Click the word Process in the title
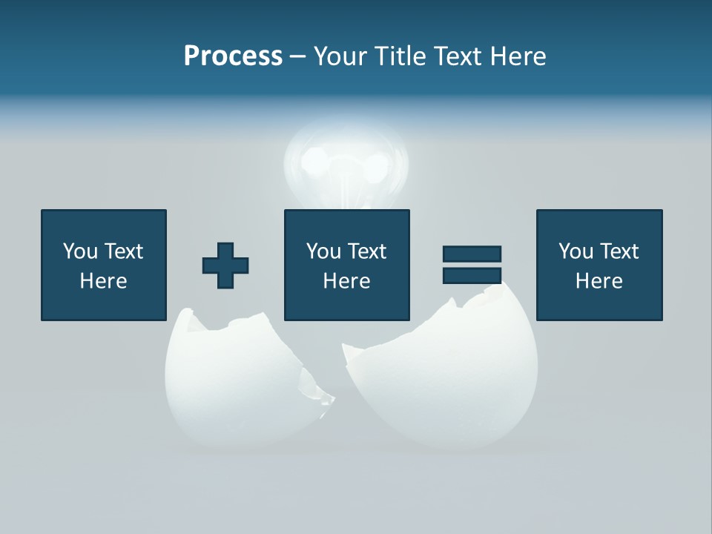[233, 56]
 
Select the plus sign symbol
[225, 265]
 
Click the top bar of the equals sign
[472, 254]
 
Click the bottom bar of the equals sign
[472, 275]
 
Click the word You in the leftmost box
[80, 251]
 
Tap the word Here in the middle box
[347, 281]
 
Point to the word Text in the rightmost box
[619, 251]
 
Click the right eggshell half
[452, 386]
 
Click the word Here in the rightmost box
[599, 281]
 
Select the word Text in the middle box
[367, 251]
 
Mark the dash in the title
[298, 56]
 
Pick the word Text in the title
[458, 56]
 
